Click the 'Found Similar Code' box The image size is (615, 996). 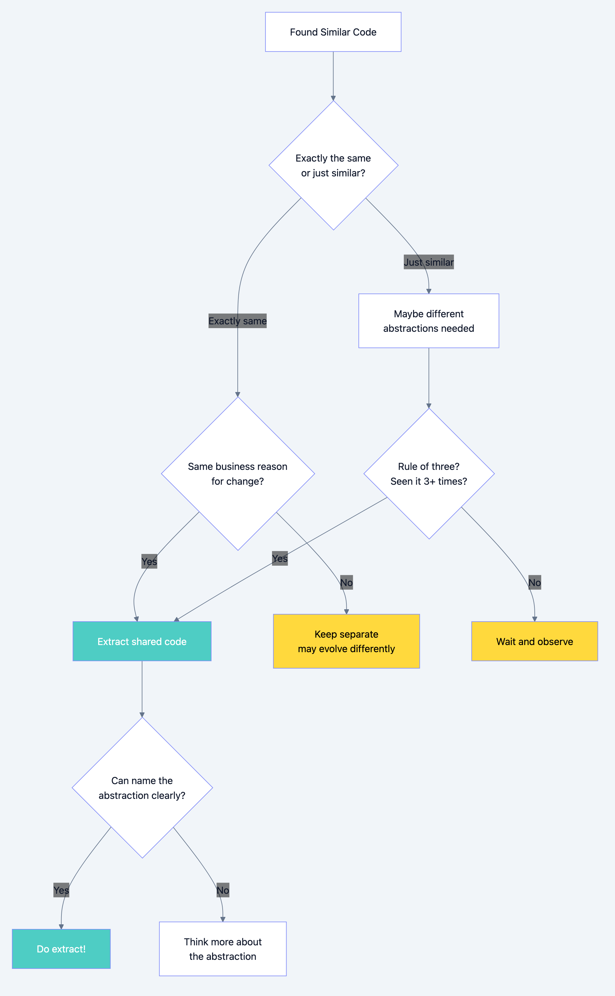(x=333, y=32)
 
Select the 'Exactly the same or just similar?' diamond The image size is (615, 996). (x=333, y=165)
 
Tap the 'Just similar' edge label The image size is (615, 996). (x=429, y=262)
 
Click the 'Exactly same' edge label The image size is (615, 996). (x=237, y=321)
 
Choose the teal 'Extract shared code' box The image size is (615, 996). (x=142, y=641)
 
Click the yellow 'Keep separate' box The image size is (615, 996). (x=346, y=641)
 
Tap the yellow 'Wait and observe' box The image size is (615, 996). (x=534, y=641)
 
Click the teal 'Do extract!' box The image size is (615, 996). (x=61, y=949)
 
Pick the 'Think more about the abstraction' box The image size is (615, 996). (x=223, y=949)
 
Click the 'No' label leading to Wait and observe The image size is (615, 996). (x=534, y=582)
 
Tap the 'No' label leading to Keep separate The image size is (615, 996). (x=346, y=582)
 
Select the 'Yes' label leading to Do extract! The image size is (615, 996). (x=61, y=890)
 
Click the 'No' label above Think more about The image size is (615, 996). (x=223, y=890)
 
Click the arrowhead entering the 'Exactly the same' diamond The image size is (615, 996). (x=333, y=98)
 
